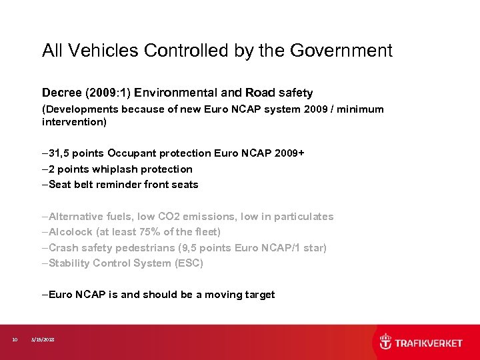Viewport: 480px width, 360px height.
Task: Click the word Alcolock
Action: pyautogui.click(x=70, y=232)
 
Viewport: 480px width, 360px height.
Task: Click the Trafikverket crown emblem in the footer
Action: pyautogui.click(x=385, y=343)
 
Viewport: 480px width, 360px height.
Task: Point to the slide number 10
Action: pyautogui.click(x=15, y=340)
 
